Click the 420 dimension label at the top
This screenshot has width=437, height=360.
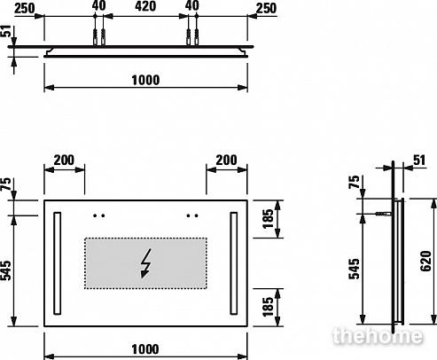(x=145, y=6)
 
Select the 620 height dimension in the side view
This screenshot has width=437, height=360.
(x=426, y=261)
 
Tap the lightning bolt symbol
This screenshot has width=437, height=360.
(x=146, y=263)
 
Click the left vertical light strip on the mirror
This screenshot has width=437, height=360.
(x=58, y=263)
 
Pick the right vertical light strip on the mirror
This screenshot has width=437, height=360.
(x=234, y=263)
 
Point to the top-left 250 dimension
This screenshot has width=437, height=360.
(x=25, y=8)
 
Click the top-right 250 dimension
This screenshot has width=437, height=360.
(x=266, y=8)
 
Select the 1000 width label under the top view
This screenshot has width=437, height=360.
(x=145, y=80)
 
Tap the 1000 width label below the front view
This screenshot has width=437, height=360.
(x=145, y=349)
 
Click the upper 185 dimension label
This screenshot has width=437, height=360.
(x=268, y=219)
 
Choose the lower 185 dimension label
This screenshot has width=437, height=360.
(x=268, y=307)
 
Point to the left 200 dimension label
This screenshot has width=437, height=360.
(x=64, y=160)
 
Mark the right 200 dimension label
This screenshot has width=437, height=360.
(x=226, y=160)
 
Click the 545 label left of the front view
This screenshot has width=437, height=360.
(x=5, y=270)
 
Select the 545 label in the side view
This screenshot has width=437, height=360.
(x=355, y=269)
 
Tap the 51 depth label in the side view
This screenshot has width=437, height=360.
(x=419, y=160)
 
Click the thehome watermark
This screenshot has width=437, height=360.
(x=378, y=336)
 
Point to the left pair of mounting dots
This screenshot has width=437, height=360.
(x=99, y=215)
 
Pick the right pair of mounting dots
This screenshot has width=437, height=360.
(x=192, y=215)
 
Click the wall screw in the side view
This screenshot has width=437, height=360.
(x=384, y=214)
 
